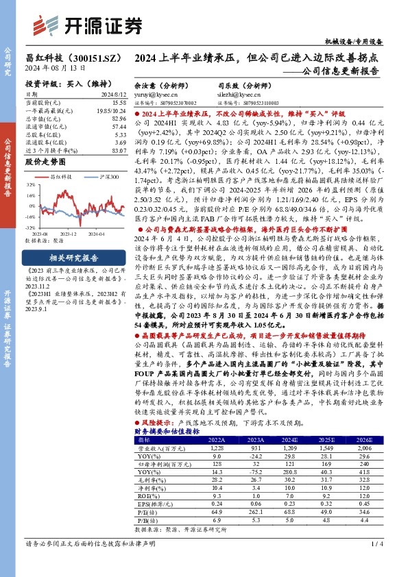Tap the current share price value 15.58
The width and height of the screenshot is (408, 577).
click(119, 101)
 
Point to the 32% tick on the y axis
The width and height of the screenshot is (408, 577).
click(31, 186)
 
